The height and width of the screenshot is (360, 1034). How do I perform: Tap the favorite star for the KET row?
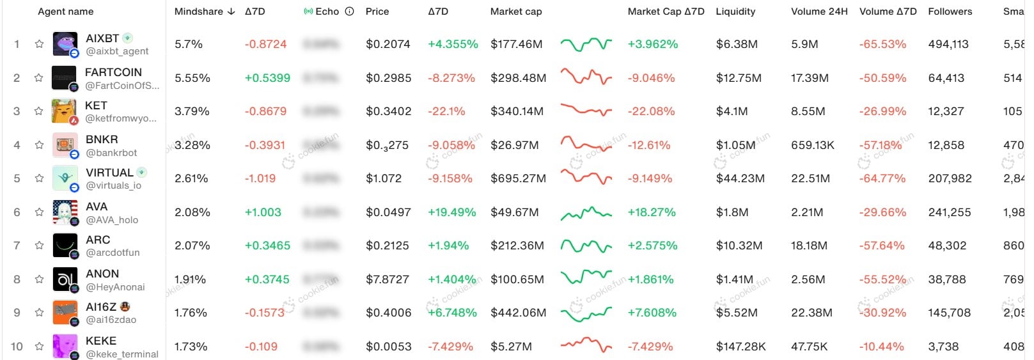point(39,111)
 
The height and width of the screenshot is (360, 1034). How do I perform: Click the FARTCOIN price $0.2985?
point(388,78)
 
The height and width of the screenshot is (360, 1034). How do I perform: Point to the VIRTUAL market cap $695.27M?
point(518,178)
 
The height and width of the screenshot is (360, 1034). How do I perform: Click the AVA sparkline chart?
point(586,212)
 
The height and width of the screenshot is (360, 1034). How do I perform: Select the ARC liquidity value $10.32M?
point(739,246)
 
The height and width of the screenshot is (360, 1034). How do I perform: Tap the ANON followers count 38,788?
point(946,279)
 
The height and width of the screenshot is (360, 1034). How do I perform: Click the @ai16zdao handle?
point(111,320)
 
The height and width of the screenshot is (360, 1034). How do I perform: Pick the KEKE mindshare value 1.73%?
point(191,347)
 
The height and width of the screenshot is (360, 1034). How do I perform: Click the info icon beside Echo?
point(349,12)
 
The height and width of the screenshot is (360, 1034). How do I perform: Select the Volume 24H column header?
point(819,12)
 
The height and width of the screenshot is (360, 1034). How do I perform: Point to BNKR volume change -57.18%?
point(882,145)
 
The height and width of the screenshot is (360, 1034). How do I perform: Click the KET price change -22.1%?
point(446,111)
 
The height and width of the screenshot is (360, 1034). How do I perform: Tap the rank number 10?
point(17,347)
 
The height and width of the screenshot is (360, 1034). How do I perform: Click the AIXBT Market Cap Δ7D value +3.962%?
point(652,44)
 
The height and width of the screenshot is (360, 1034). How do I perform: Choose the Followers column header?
point(950,12)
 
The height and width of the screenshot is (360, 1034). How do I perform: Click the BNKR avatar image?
point(65,145)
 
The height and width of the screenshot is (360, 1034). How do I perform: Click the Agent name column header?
point(65,12)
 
